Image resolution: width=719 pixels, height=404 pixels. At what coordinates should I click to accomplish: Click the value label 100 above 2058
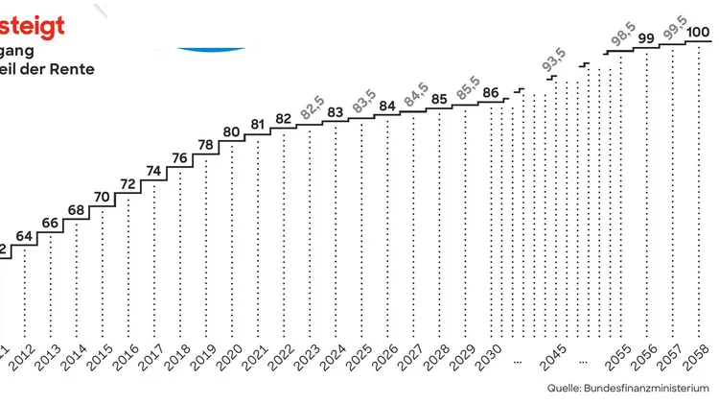click(699, 33)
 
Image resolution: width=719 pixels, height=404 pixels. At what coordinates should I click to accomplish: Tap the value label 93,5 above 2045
click(553, 62)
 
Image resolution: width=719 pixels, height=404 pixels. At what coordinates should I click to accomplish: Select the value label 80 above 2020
click(231, 132)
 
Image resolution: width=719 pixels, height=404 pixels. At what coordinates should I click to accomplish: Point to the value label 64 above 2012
click(24, 236)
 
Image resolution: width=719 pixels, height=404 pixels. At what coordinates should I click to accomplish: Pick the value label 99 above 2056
click(646, 38)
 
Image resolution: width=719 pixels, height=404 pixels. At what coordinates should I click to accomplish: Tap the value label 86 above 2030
click(491, 93)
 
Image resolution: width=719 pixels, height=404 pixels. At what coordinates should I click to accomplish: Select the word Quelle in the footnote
click(564, 389)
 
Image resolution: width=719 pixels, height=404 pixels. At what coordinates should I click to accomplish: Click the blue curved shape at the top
click(212, 46)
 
